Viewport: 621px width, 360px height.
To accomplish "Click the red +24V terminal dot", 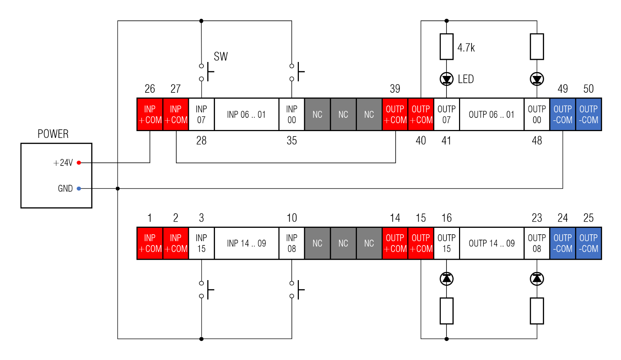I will coord(79,163).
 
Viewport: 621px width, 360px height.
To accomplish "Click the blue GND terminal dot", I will coord(79,188).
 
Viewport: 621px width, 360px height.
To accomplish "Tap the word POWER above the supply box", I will coord(53,134).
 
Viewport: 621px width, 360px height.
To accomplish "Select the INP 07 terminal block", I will coord(201,114).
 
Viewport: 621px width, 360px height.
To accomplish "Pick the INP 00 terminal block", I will coord(292,114).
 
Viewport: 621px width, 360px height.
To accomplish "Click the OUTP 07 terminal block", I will coord(446,114).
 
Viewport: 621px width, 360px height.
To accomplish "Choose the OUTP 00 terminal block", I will coord(537,114).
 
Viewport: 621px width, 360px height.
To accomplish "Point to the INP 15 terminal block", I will coord(201,243).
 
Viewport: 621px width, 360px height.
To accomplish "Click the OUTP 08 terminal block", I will coord(537,243).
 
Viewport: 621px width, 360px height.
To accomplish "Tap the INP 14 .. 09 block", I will coord(247,243).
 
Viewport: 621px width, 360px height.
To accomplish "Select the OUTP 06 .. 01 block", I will coord(492,114).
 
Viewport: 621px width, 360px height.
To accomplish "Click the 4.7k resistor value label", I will coord(466,48).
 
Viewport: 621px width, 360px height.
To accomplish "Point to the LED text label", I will coord(466,79).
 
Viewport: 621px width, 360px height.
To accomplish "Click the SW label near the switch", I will coord(221,57).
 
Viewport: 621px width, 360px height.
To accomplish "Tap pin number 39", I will coord(395,89).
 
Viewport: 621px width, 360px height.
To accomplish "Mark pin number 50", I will coord(588,89).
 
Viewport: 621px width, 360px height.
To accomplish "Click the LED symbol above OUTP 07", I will coord(446,79).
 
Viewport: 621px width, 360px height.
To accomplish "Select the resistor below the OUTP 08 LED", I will coord(537,311).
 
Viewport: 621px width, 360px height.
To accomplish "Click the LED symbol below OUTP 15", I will coord(446,279).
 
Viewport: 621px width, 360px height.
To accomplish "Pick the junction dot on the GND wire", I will coord(118,188).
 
